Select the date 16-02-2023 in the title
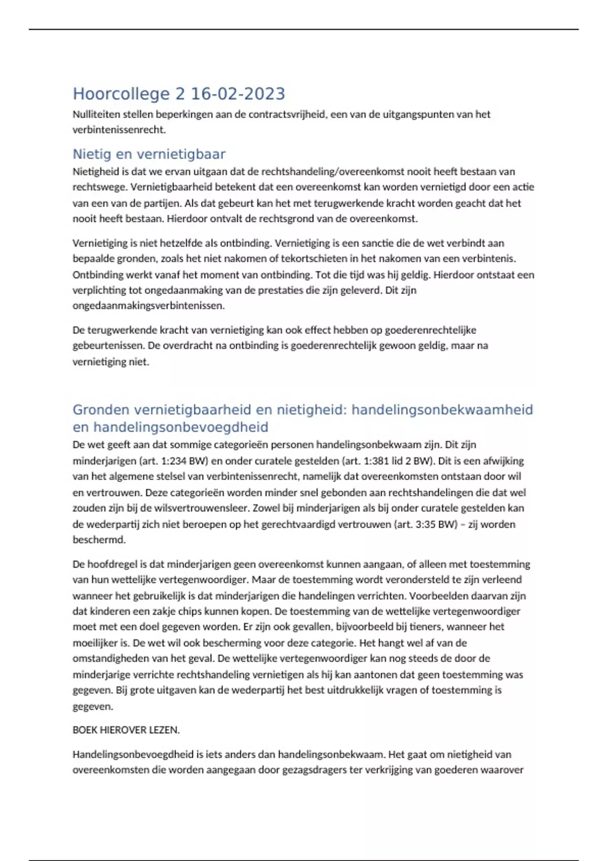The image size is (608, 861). pos(238,94)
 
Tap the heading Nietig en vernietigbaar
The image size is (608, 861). pos(149,154)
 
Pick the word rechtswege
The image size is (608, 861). pos(99,187)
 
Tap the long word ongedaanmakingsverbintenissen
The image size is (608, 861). pos(148,306)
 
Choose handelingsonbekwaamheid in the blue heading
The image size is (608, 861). pos(442,410)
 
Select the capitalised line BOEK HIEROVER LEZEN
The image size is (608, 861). pos(126,730)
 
